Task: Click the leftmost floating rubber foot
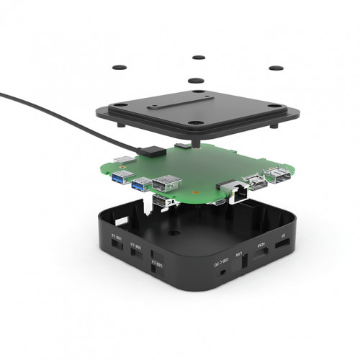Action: (120, 67)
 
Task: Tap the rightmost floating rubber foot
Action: (275, 68)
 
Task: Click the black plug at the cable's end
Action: (153, 150)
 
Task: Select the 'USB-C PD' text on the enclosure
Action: (223, 258)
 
